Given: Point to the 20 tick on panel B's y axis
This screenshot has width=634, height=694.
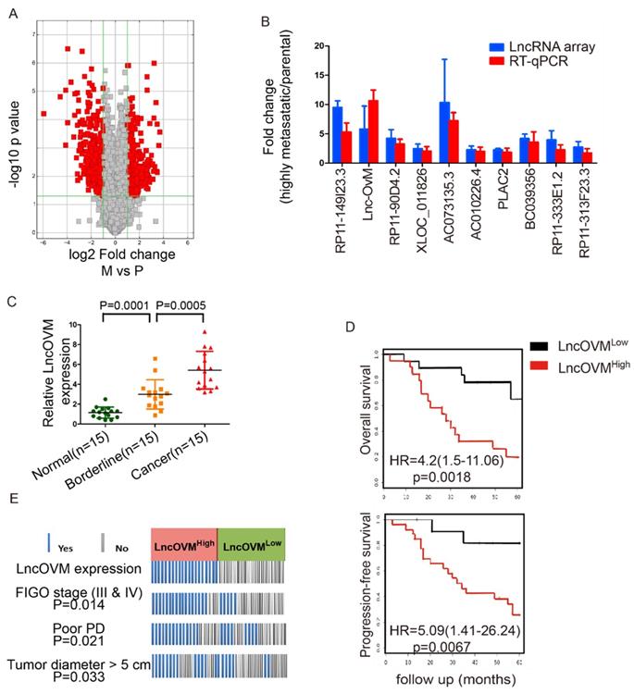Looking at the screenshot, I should pyautogui.click(x=317, y=45).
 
